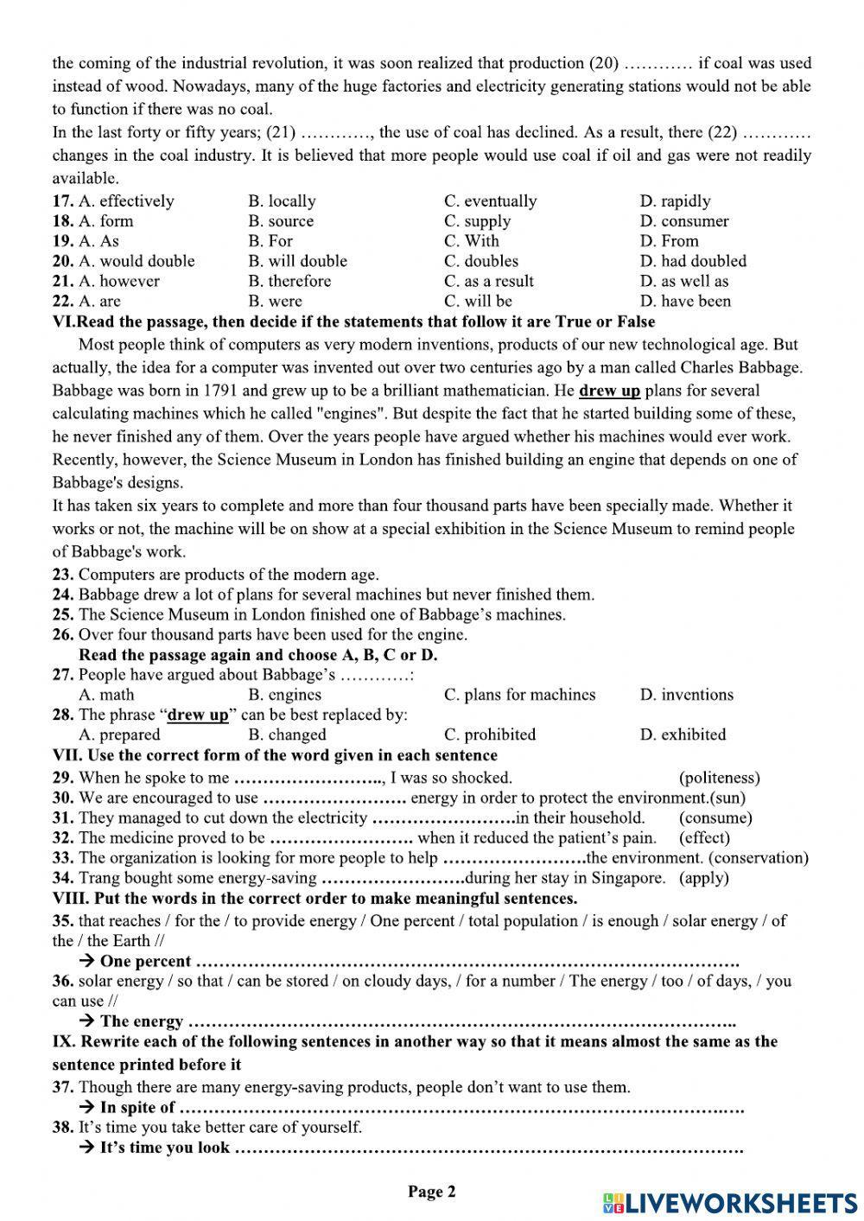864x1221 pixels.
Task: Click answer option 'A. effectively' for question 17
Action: [126, 201]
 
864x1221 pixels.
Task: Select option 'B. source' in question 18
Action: [281, 221]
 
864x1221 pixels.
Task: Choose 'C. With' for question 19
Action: [472, 241]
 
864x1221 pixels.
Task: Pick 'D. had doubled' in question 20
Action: [693, 261]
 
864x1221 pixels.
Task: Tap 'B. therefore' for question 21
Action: [289, 281]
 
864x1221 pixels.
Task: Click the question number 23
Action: [63, 575]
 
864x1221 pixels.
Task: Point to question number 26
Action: [63, 635]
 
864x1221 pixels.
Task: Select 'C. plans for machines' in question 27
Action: [519, 695]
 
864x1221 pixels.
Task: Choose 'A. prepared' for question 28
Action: [119, 735]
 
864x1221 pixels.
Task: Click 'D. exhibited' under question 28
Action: [683, 735]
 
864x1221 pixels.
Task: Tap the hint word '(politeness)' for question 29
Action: [720, 778]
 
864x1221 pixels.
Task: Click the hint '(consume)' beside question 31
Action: [715, 817]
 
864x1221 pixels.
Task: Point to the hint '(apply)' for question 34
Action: [704, 878]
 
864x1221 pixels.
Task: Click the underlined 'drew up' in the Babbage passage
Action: [609, 391]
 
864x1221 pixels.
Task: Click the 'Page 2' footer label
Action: [431, 1192]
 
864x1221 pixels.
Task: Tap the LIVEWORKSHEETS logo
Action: [730, 1203]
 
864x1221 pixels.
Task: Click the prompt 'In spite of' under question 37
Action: [137, 1108]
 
